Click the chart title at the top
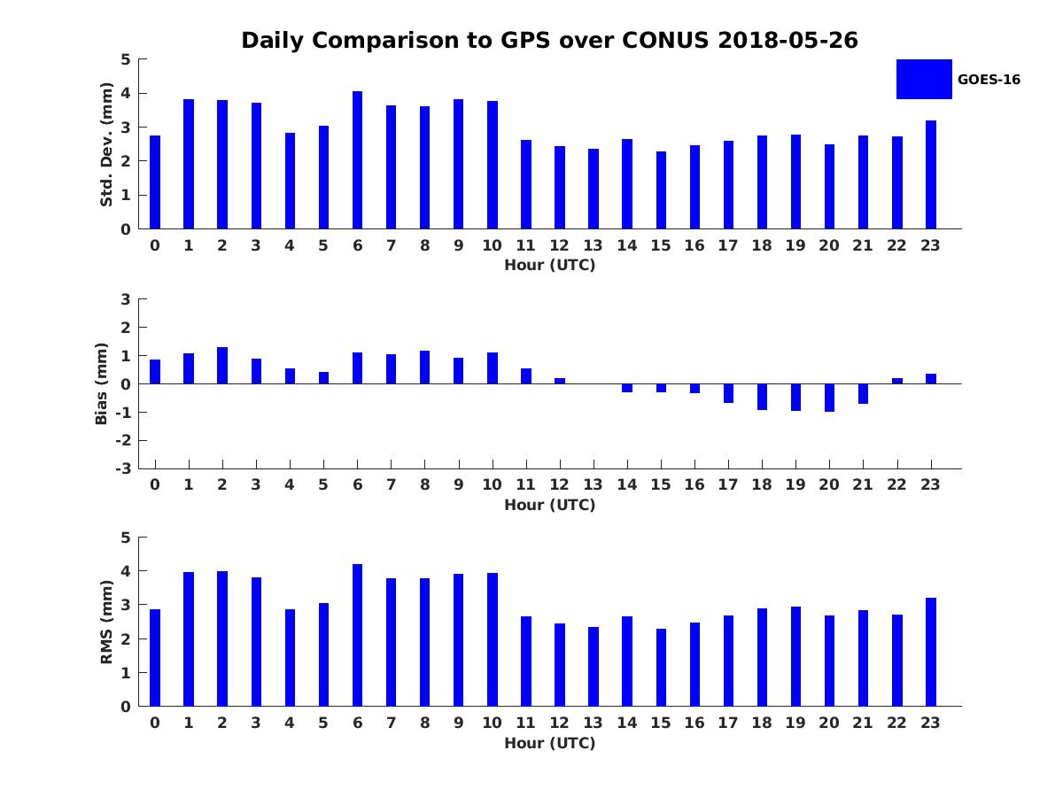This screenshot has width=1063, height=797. click(549, 41)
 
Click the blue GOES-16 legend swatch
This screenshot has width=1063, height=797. click(924, 79)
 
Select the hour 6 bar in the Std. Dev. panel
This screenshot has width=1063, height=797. click(357, 160)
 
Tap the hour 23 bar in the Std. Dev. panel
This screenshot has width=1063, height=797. click(930, 174)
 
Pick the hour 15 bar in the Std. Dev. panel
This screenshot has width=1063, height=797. click(661, 190)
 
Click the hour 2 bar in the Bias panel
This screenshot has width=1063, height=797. click(222, 366)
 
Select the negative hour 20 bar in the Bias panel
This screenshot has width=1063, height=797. click(829, 398)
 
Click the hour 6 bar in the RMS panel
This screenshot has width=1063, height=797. click(357, 635)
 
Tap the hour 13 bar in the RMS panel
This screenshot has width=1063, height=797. click(594, 667)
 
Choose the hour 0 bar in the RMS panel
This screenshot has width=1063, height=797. click(155, 658)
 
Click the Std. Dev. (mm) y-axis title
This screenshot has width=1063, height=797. click(106, 144)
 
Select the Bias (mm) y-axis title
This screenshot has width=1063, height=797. click(102, 383)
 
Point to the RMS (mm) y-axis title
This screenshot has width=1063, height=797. click(106, 622)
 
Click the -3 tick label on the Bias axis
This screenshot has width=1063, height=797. click(125, 468)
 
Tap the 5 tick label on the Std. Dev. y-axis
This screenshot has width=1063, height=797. click(126, 59)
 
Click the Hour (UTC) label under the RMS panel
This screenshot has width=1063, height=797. click(549, 743)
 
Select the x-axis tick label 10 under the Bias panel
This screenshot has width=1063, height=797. click(492, 484)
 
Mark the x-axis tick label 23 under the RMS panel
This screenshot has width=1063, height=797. click(930, 723)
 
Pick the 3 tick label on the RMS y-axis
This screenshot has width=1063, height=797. click(126, 605)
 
